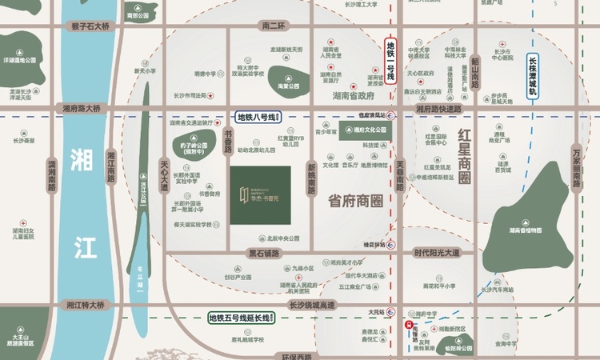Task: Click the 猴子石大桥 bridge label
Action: click(x=90, y=27)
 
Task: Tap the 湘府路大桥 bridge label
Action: click(x=82, y=108)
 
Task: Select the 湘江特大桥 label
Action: click(x=86, y=305)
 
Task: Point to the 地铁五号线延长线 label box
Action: click(x=241, y=318)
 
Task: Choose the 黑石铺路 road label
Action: click(x=264, y=254)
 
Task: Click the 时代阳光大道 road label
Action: click(x=437, y=254)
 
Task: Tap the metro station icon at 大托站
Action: click(x=390, y=311)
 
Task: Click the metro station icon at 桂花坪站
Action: click(x=390, y=244)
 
